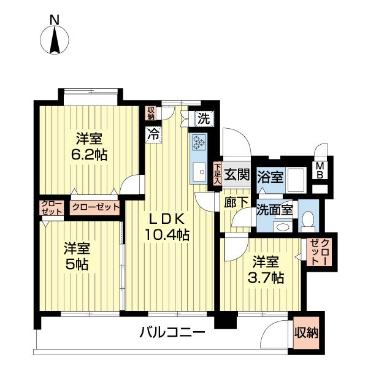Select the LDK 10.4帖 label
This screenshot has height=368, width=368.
(166, 226)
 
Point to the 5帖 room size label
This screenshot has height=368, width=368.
(77, 256)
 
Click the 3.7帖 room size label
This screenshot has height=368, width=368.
(264, 269)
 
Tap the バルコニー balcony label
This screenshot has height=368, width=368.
(172, 333)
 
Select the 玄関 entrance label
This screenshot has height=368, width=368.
(236, 174)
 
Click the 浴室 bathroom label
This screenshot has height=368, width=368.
(270, 176)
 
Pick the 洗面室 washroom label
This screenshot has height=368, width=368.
(274, 209)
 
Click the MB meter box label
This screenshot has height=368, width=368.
(321, 169)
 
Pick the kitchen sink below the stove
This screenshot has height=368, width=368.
(200, 172)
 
